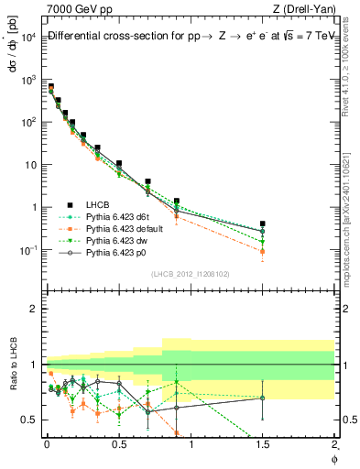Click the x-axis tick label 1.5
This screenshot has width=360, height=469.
263,444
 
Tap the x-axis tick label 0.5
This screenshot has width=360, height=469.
118,444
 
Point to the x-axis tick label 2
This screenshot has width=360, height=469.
335,444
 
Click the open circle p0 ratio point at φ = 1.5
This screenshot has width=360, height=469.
263,398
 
